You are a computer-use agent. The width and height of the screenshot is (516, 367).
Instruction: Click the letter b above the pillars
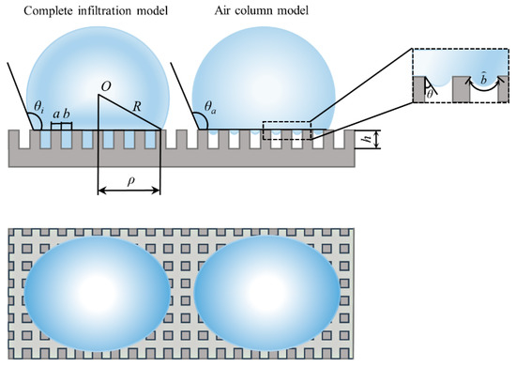[x=67, y=115]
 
